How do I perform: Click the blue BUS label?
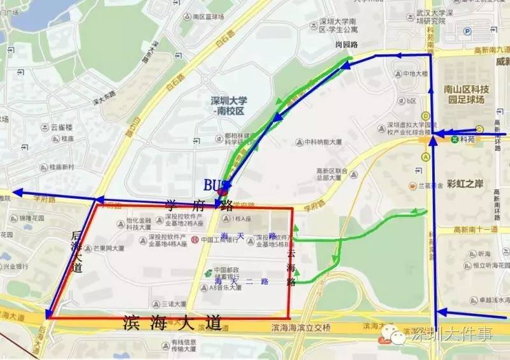214,184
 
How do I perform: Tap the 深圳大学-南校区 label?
228,105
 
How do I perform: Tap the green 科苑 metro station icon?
455,137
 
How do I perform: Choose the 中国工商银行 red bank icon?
194,241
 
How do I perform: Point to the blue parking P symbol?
467,30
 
